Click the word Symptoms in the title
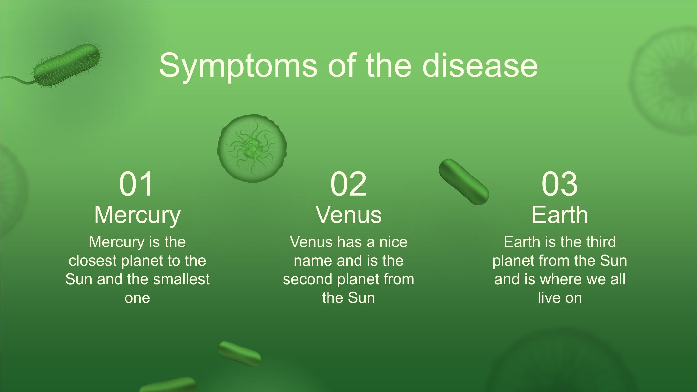click(x=238, y=66)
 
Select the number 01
click(x=136, y=184)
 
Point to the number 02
click(x=348, y=184)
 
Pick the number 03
click(x=560, y=184)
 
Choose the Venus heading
click(x=348, y=215)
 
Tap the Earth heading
click(x=560, y=215)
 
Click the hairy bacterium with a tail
click(x=67, y=66)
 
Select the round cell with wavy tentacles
click(x=252, y=148)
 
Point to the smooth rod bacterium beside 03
click(x=464, y=182)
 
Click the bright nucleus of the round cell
click(x=251, y=148)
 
